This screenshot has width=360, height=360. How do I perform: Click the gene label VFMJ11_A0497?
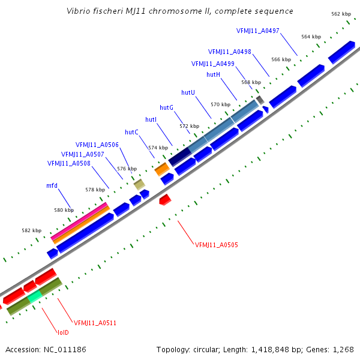point(258,31)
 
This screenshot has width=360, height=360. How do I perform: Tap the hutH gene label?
point(213,74)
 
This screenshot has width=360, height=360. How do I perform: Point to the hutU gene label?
point(188,92)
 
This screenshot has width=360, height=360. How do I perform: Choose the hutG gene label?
point(166,107)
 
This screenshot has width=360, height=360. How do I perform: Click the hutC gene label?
point(131,132)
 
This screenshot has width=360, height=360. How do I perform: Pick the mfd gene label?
point(52,186)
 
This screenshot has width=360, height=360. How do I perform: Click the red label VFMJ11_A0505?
point(217,245)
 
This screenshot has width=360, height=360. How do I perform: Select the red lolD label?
point(63,332)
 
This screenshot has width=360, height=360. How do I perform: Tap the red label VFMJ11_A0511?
point(95,323)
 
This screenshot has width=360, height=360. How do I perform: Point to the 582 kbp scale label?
point(32,230)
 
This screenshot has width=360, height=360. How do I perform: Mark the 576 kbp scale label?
point(126,169)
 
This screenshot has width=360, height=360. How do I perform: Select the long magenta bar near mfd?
point(80,221)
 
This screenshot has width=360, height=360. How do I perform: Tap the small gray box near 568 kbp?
point(260,99)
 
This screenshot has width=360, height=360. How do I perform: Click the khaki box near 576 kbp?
point(139,184)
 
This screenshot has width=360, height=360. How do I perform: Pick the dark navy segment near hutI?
point(180,157)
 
